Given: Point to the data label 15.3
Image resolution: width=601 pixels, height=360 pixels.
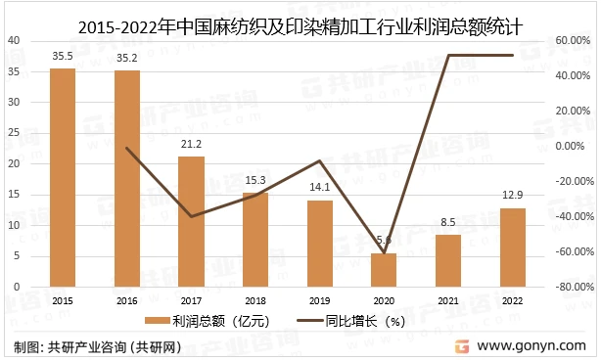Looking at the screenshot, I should pyautogui.click(x=255, y=180).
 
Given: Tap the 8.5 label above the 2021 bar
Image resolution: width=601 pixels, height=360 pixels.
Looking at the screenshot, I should pyautogui.click(x=448, y=222).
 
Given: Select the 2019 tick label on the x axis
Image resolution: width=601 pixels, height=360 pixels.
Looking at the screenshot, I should pyautogui.click(x=320, y=300).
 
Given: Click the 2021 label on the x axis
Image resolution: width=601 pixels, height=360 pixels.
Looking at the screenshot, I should pyautogui.click(x=448, y=300).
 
